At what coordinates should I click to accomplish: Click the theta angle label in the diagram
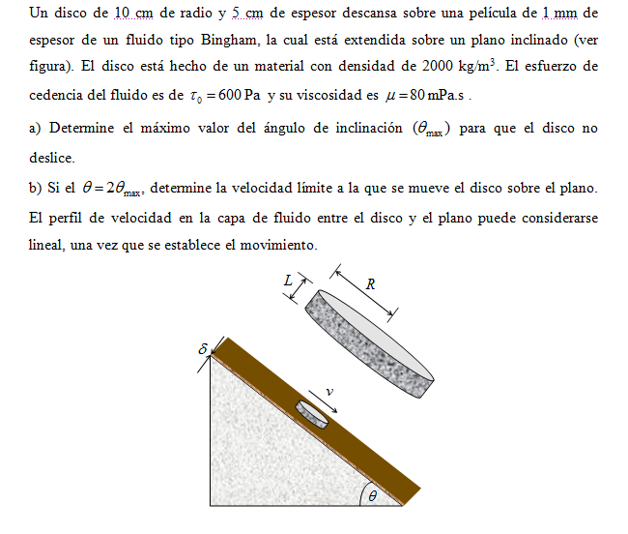click(x=370, y=496)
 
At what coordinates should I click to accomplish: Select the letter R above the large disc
click(x=370, y=283)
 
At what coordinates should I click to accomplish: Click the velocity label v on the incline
click(x=329, y=392)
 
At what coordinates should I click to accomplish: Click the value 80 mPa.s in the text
click(x=435, y=97)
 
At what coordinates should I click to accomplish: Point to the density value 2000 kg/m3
click(x=462, y=68)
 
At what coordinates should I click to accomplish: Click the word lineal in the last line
click(x=46, y=246)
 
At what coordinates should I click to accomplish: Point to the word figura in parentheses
click(x=51, y=68)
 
